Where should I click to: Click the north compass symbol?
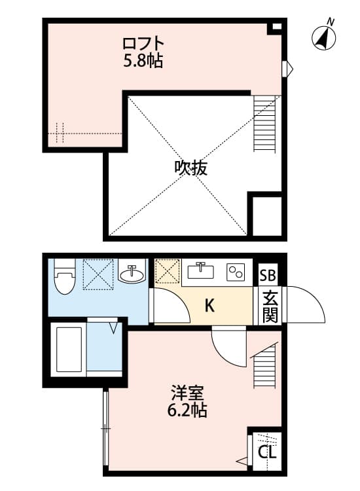325,37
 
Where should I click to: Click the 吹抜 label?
190,168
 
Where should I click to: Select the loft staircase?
265,124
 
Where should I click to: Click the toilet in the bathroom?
64,278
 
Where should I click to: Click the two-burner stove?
236,271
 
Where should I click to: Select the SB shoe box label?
268,275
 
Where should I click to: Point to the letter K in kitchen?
209,305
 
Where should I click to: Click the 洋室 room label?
189,393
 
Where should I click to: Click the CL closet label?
267,452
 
